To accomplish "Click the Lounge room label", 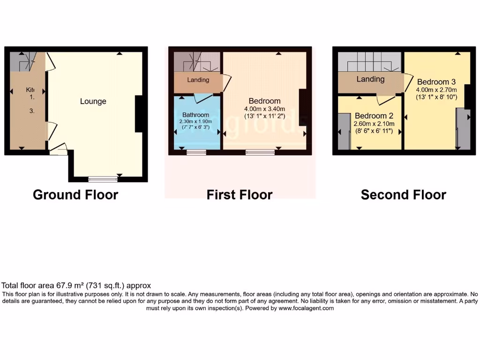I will (93, 101).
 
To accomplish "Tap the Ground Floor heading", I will (75, 195).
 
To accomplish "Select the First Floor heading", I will (240, 195).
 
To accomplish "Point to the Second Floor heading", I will (403, 195).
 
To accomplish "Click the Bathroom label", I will (195, 115).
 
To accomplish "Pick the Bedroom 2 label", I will (374, 116).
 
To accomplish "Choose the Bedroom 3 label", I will (436, 82).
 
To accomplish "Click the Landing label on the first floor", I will (198, 80).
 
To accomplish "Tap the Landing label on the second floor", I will (370, 79).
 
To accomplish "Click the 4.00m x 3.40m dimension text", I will (264, 109).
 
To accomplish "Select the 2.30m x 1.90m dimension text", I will (195, 121).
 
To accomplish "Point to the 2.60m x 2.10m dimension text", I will (374, 124).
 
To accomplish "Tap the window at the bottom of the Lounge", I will (103, 179).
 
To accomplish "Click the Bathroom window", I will (196, 151).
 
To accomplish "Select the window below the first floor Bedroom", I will (260, 151).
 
